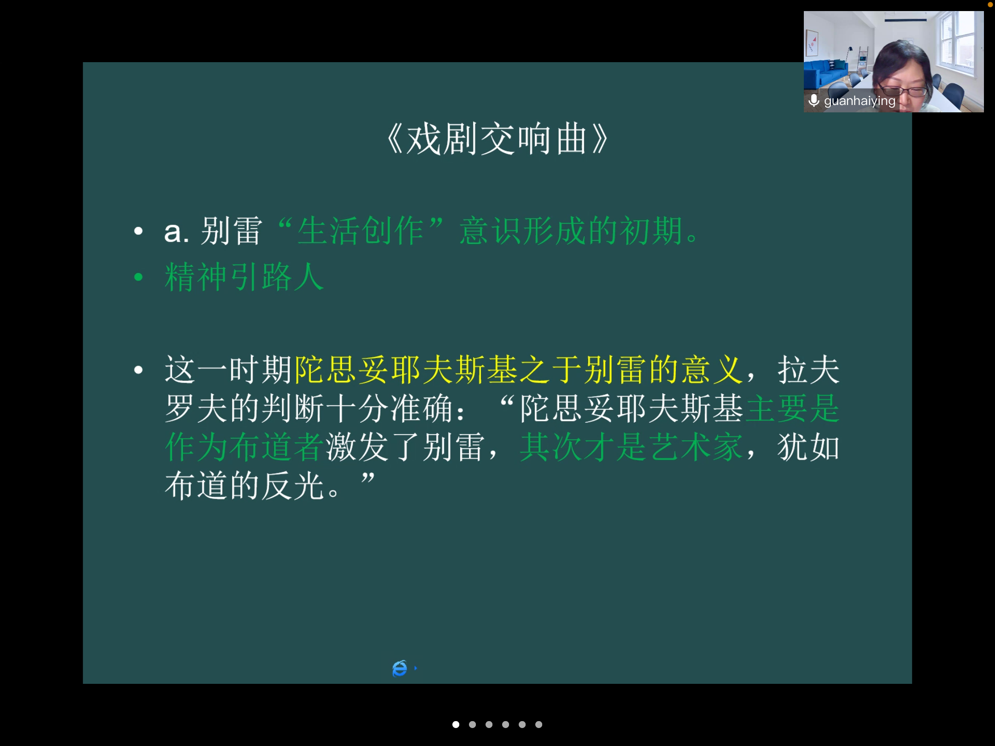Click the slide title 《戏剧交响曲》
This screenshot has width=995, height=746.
pyautogui.click(x=497, y=139)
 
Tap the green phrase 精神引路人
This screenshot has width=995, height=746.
pyautogui.click(x=245, y=277)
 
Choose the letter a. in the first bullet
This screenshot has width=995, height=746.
pyautogui.click(x=176, y=231)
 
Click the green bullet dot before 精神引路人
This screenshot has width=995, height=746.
pyautogui.click(x=138, y=277)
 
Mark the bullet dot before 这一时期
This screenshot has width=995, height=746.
pyautogui.click(x=138, y=369)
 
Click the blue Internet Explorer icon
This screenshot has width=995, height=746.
pyautogui.click(x=400, y=668)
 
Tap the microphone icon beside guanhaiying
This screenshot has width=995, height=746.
pyautogui.click(x=814, y=100)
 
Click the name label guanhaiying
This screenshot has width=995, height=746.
pyautogui.click(x=860, y=101)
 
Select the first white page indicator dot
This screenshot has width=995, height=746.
pyautogui.click(x=456, y=724)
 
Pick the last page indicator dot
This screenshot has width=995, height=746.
pyautogui.click(x=538, y=724)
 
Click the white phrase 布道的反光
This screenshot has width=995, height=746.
pyautogui.click(x=245, y=485)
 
